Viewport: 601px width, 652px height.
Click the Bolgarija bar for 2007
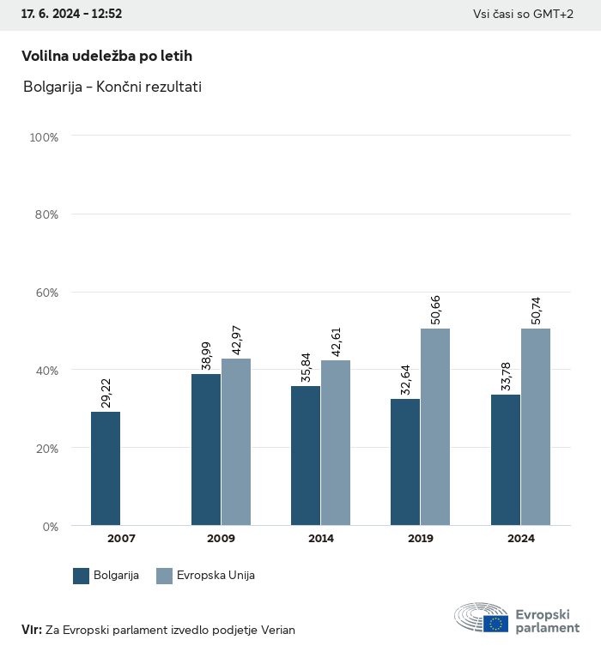coord(106,468)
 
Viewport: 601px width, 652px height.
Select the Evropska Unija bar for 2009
coord(236,442)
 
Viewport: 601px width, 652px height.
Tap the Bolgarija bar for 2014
coord(306,456)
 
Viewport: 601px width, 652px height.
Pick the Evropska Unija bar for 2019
coord(435,426)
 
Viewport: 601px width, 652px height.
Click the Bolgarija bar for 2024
coord(506,460)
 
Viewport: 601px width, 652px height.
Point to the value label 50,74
coord(537,310)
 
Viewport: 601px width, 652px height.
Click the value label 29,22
coord(106,393)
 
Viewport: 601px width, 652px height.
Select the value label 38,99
coord(206,355)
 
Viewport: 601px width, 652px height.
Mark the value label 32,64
coord(406,380)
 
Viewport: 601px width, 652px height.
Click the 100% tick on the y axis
coord(44,136)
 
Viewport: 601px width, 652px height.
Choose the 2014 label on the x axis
coord(321,539)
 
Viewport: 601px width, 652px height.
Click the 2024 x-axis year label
coord(520,539)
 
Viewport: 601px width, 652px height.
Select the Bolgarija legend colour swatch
coord(82,576)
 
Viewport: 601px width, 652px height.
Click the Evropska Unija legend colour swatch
coord(165,576)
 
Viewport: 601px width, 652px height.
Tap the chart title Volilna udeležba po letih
coord(106,56)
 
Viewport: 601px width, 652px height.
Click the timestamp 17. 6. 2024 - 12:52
coord(71,15)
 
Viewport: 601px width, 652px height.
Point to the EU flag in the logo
coord(495,624)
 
